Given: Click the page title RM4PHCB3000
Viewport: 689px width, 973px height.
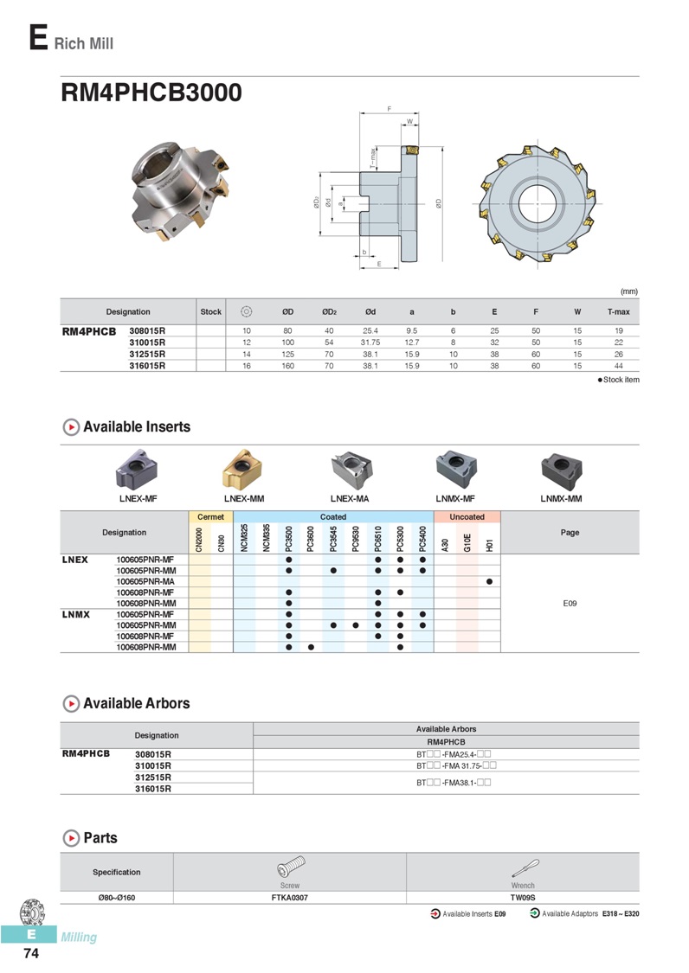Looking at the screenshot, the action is [x=151, y=93].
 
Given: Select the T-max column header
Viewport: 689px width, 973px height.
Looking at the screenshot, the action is [x=618, y=312].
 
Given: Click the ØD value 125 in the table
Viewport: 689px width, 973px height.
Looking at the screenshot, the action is [x=287, y=355].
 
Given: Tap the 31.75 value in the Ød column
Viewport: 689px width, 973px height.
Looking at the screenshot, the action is [x=370, y=342].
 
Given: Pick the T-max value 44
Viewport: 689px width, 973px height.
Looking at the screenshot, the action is [x=618, y=366].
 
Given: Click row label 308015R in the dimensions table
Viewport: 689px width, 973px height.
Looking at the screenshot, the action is [x=147, y=330].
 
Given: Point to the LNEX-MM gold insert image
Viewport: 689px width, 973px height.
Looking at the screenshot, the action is [x=244, y=469].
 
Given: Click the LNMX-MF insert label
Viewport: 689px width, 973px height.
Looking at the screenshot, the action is [x=455, y=498].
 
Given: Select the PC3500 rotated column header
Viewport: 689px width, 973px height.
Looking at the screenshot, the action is [x=289, y=539].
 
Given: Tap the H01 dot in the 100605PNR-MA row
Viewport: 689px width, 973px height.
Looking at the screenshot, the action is [x=490, y=581].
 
